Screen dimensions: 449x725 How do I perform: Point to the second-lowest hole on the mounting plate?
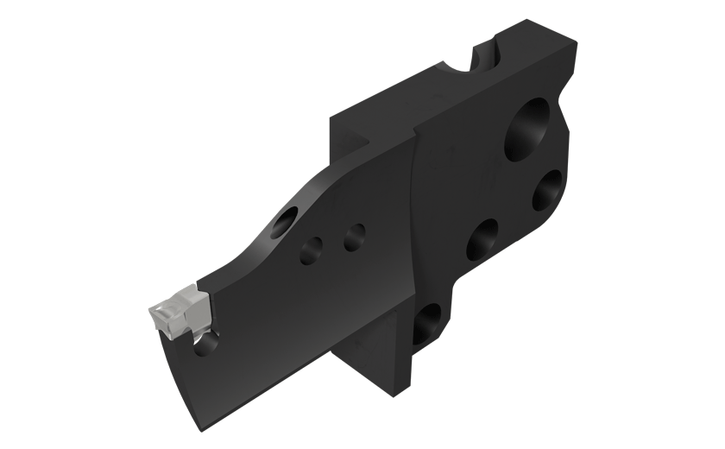coord(482,239)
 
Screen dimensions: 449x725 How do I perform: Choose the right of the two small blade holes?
coord(352,235)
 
